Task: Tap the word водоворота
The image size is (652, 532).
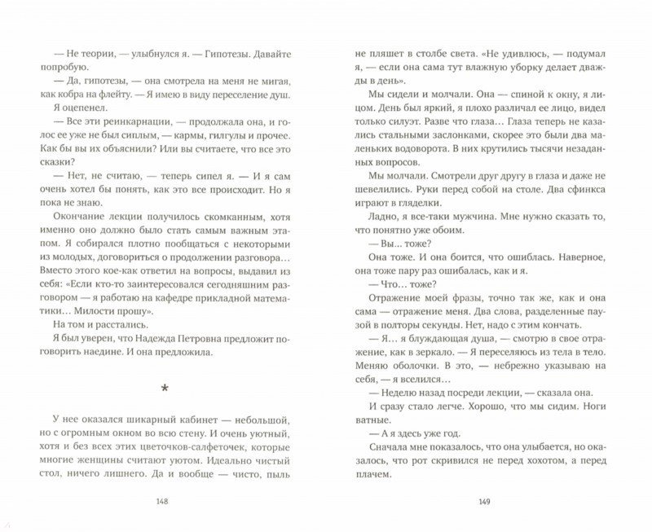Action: [x=412, y=174]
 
